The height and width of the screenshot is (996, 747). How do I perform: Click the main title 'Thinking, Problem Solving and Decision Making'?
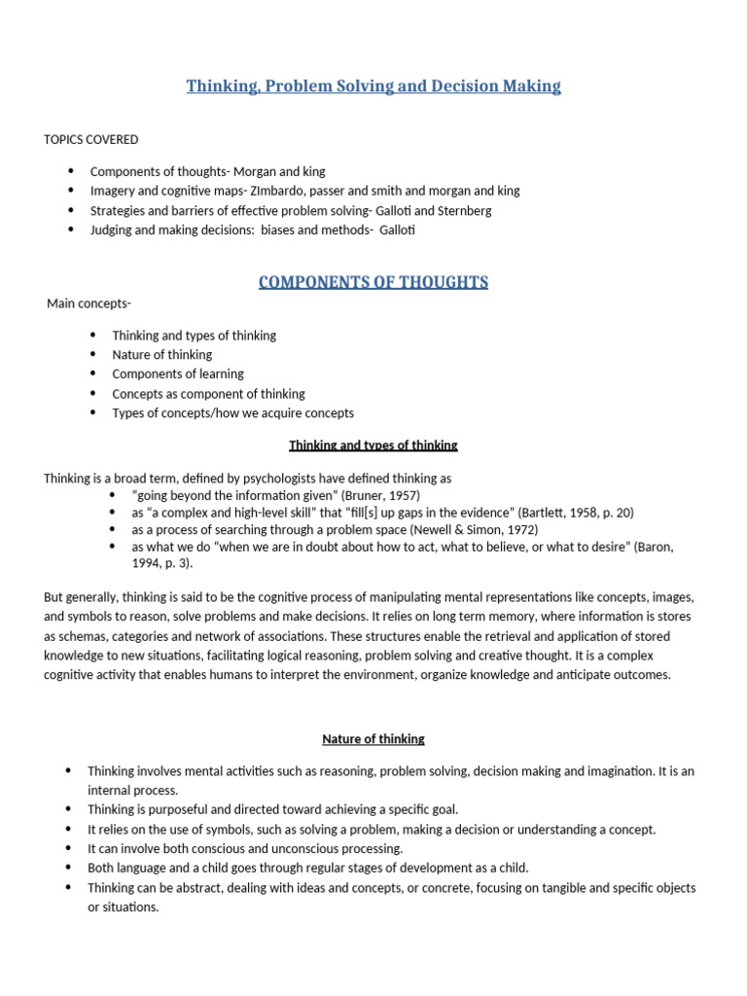[373, 87]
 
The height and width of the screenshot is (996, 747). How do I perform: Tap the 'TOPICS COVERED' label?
[91, 139]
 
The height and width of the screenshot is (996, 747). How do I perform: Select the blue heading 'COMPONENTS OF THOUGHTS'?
[373, 283]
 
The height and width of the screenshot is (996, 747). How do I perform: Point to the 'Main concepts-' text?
[89, 304]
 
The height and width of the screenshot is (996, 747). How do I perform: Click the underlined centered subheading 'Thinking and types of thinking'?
[373, 445]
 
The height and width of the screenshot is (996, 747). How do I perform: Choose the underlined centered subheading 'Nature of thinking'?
[373, 739]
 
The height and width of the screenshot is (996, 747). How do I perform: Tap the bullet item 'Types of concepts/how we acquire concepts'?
[232, 412]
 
